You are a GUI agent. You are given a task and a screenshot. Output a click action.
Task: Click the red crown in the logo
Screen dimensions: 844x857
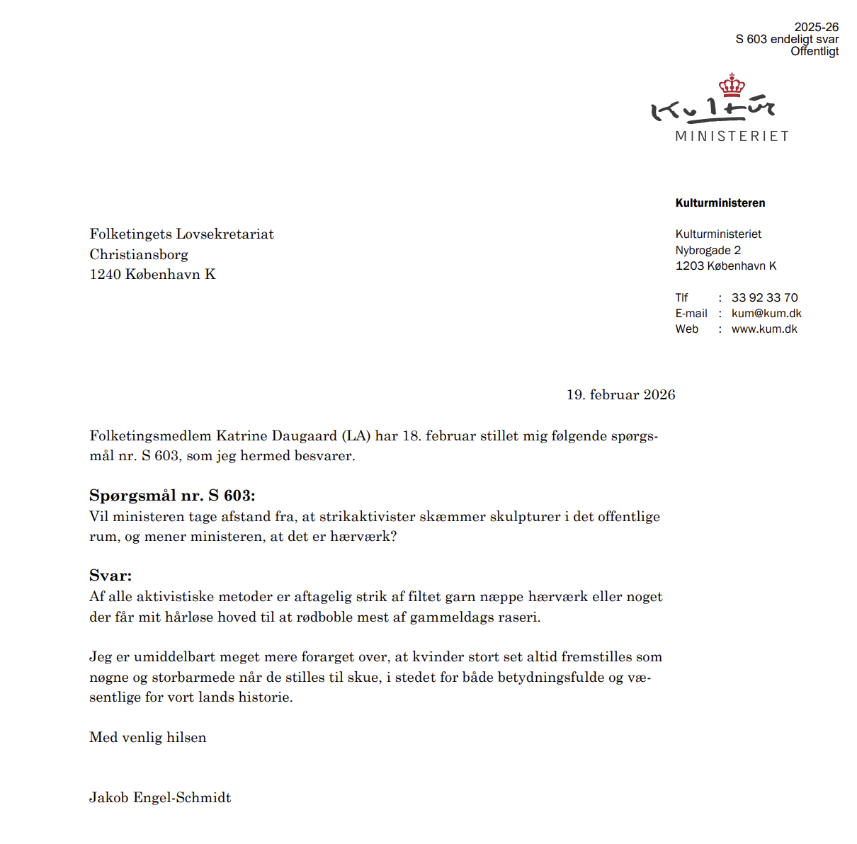click(x=732, y=85)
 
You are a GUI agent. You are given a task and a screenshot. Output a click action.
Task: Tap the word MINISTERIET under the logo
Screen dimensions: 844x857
click(x=732, y=136)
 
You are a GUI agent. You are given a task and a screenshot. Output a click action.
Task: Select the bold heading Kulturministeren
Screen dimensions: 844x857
click(x=720, y=203)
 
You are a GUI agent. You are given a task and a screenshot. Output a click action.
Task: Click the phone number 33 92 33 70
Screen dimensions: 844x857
click(x=764, y=297)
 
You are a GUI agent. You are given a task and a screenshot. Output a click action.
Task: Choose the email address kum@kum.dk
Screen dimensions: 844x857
click(x=766, y=313)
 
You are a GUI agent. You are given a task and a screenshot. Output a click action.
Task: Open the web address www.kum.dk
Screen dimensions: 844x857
click(x=764, y=329)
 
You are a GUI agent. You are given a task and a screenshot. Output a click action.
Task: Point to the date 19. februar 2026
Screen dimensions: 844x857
click(x=620, y=395)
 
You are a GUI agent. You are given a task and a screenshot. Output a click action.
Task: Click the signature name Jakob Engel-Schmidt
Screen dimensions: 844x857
click(x=160, y=798)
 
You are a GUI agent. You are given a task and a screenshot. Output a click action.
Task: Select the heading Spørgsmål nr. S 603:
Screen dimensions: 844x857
click(x=172, y=496)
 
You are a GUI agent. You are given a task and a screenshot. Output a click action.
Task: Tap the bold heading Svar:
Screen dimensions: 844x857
click(x=110, y=576)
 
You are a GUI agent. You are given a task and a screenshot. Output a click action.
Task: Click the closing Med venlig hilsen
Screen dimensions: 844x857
click(x=148, y=738)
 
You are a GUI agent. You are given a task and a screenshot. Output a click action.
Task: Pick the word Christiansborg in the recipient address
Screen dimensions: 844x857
click(x=139, y=255)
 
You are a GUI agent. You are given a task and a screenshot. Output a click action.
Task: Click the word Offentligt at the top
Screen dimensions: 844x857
click(x=815, y=51)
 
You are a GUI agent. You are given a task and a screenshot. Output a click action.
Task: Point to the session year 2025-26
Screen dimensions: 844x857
click(x=816, y=27)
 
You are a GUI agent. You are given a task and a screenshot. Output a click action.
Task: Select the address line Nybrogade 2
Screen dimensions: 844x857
click(x=708, y=250)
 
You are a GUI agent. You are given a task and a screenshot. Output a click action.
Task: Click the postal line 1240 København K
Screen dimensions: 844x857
click(x=152, y=275)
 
